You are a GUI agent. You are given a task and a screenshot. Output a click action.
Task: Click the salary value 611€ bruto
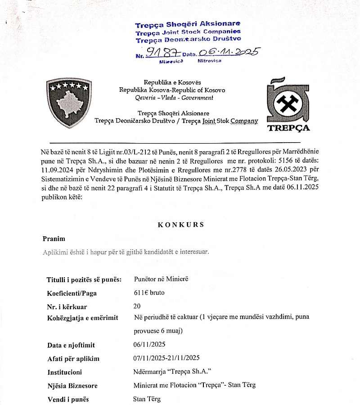tap(149, 293)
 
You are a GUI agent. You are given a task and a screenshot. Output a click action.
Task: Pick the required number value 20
tap(138, 306)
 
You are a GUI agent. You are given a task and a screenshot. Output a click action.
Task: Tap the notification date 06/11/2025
tap(150, 345)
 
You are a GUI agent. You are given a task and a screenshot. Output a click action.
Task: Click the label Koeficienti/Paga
tap(72, 293)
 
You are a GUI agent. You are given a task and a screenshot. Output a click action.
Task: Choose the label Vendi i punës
tap(68, 399)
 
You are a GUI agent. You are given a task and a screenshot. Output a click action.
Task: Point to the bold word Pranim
tap(54, 238)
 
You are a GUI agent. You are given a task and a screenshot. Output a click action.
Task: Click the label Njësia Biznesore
tap(72, 386)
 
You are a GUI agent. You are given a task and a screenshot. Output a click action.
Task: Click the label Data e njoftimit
tap(71, 346)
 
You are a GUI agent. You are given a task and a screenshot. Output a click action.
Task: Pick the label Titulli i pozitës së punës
tap(84, 280)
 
